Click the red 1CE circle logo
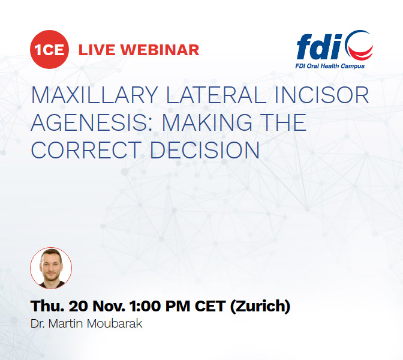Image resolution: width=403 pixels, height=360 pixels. coord(49,49)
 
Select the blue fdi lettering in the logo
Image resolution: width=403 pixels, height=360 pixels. coord(320,47)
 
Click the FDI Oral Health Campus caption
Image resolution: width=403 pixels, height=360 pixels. coord(330,66)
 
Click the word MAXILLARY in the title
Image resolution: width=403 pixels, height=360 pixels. coord(95,95)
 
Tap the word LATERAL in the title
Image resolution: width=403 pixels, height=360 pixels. coord(216,95)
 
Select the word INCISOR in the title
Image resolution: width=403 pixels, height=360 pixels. coord(322,95)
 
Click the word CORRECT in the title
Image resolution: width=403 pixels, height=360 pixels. coord(86,150)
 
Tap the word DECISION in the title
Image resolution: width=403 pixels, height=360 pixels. coord(205,150)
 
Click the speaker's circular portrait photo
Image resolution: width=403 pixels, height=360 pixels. coord(51,268)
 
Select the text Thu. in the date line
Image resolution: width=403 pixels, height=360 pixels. coord(47,306)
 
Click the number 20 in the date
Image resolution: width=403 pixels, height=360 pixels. coord(79,306)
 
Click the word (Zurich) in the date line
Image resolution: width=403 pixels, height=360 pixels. coord(260,306)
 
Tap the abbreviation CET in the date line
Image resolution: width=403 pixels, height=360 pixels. coord(210,306)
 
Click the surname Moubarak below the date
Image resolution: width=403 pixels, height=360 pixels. coord(115,323)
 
